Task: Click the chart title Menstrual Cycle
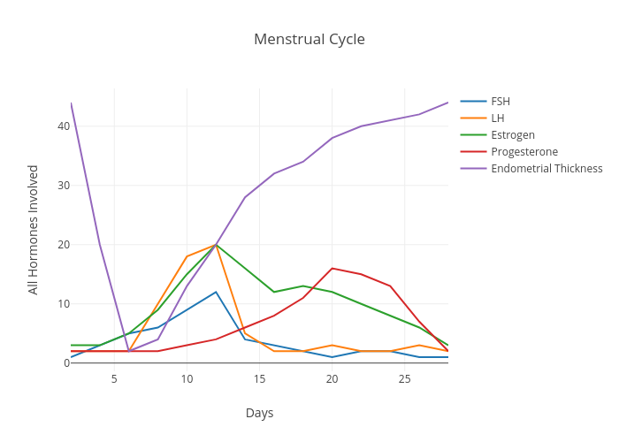tap(309, 39)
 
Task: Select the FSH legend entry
tap(501, 101)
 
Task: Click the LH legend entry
tap(498, 118)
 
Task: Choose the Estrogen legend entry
tap(512, 134)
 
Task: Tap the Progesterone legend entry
tap(523, 151)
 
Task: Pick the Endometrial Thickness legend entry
tap(546, 168)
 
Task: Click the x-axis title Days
tap(259, 413)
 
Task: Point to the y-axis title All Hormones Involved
tap(33, 229)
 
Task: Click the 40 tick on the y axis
tap(63, 126)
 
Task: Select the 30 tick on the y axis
tap(63, 186)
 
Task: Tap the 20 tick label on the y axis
tap(63, 245)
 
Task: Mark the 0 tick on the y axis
tap(65, 363)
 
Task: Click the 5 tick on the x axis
tap(114, 379)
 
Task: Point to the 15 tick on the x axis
tap(259, 379)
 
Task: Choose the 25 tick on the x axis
tap(404, 379)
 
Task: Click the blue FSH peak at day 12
tap(216, 292)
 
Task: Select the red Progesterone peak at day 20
tap(332, 268)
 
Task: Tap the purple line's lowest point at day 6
tap(129, 351)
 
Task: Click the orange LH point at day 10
tap(187, 256)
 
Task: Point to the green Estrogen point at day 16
tap(274, 292)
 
